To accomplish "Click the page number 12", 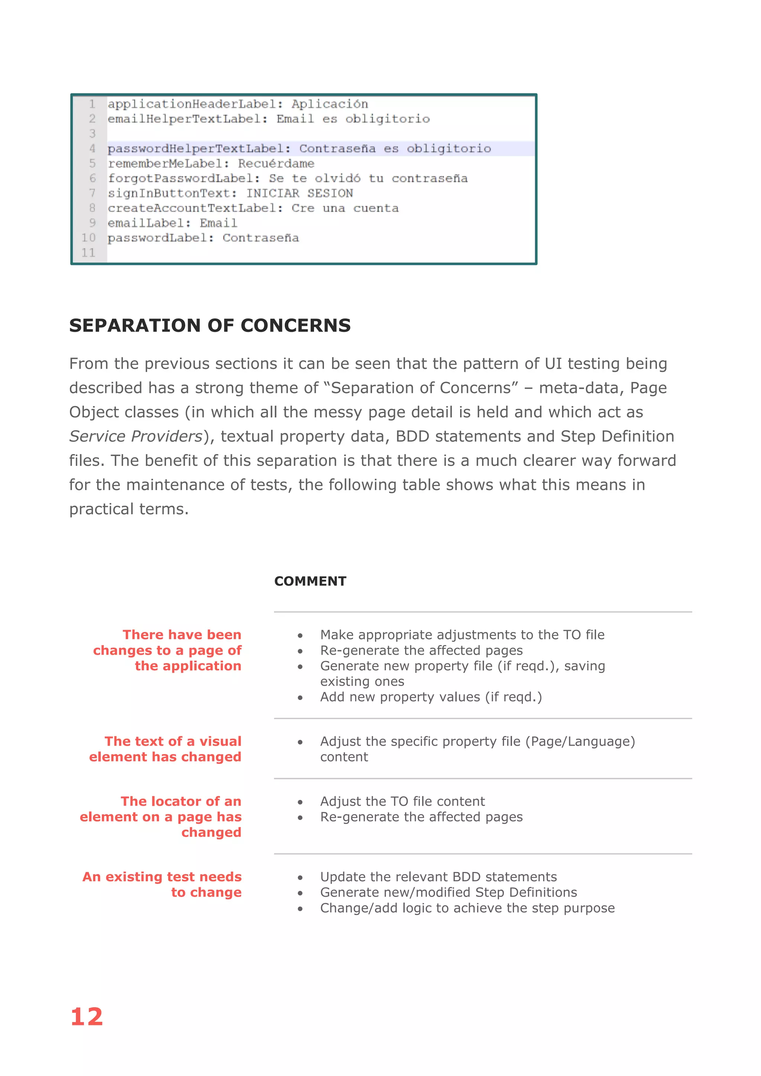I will coord(87,1017).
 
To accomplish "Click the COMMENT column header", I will coord(310,581).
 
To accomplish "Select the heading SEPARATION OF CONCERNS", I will coord(210,325).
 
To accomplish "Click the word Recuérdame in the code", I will coord(276,163).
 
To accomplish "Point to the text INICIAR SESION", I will coord(300,193).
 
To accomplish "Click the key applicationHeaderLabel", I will coord(192,104).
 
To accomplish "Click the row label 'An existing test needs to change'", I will coord(162,884).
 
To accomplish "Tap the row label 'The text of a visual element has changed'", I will coord(165,749).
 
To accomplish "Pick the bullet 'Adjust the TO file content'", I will coord(402,801).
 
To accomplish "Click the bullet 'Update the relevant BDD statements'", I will coord(438,877).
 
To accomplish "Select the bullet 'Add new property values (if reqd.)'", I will coord(431,697).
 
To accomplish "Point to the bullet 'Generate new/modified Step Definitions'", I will coord(448,892).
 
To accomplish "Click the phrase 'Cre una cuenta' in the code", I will coord(345,208).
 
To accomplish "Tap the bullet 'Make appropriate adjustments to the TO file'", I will coord(462,635).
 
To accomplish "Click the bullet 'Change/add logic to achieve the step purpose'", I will coord(467,908).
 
